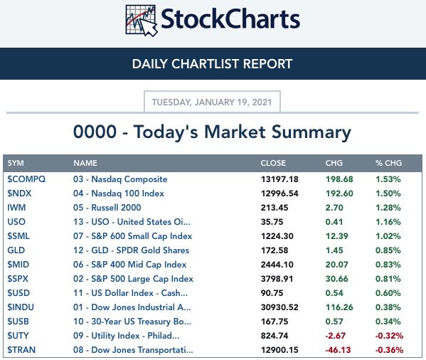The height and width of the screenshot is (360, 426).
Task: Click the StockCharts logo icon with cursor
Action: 142,20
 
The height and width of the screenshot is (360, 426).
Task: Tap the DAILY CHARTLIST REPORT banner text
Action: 212,64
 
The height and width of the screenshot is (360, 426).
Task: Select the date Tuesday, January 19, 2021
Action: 212,102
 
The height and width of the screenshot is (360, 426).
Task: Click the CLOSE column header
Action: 273,163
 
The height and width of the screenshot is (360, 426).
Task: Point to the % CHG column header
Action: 388,163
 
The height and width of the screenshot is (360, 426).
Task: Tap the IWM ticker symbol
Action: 16,208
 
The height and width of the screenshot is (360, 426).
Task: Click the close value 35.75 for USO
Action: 272,222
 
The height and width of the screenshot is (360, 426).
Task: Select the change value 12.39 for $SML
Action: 337,236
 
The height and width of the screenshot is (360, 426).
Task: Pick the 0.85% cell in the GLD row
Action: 388,250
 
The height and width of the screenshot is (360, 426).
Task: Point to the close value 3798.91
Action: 277,279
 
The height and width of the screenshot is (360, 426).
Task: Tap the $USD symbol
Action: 18,293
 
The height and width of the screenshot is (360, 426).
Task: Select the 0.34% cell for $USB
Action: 388,322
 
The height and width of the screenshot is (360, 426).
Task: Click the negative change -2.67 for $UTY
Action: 336,336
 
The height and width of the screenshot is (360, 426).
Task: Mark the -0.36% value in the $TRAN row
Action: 389,350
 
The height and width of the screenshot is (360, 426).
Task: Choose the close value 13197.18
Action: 279,179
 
